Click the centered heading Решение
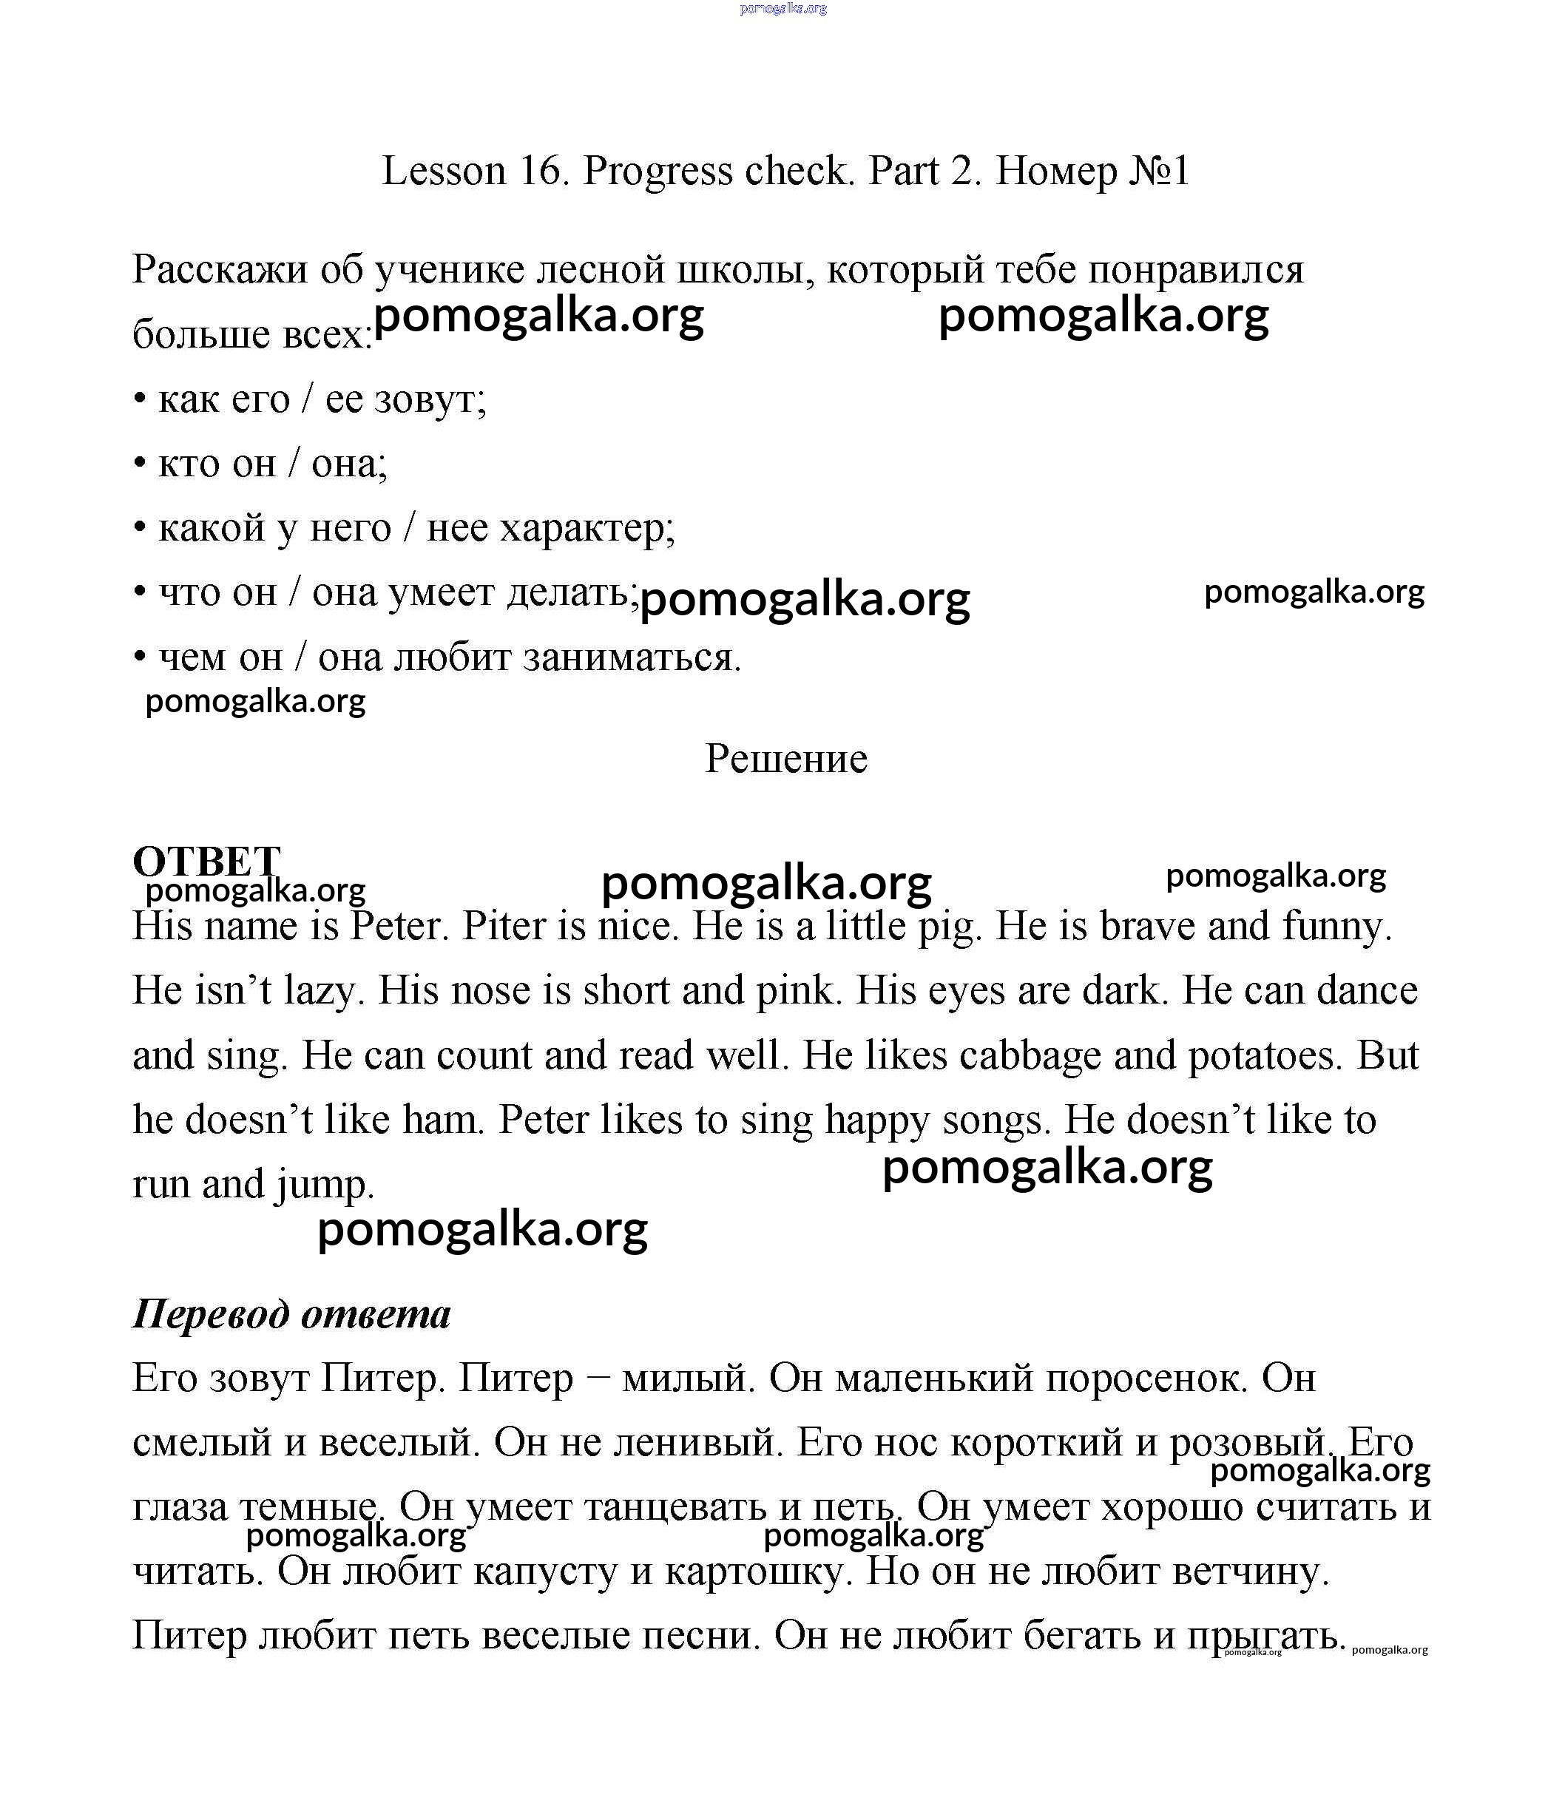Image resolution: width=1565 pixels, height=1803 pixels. (786, 758)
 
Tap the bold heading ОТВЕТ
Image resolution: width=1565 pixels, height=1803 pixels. (206, 861)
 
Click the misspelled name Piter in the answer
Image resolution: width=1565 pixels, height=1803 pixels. (506, 927)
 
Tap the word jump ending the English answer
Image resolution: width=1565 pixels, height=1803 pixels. (325, 1185)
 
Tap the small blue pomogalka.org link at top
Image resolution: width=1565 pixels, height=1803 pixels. (782, 9)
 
